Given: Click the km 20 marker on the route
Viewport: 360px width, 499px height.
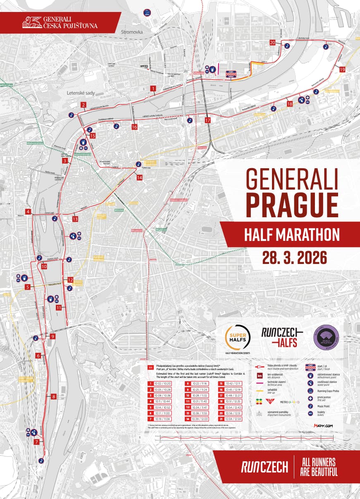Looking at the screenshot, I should click(272, 42).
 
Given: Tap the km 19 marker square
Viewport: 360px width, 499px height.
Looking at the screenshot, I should click(342, 70).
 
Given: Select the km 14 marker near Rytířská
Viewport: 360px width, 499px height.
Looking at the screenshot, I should click(139, 177).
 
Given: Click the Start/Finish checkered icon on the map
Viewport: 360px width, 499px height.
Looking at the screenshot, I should click(230, 74).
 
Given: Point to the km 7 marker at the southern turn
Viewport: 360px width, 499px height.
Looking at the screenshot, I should click(37, 442).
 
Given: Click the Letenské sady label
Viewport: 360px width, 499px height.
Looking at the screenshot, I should click(81, 93).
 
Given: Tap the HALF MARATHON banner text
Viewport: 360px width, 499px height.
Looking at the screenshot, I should click(292, 235).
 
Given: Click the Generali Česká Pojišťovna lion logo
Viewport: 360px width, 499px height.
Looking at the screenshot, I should click(33, 21).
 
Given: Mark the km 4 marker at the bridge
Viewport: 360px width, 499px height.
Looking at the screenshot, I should click(28, 212).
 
